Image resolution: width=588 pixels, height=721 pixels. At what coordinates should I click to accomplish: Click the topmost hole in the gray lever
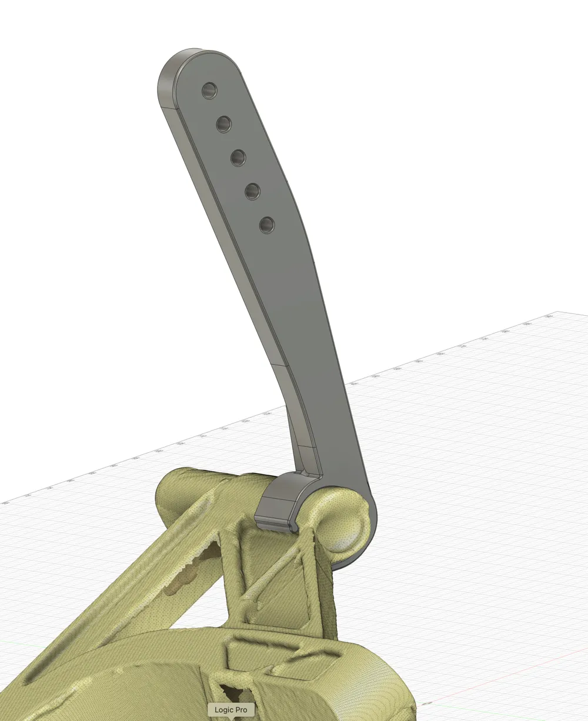pos(209,91)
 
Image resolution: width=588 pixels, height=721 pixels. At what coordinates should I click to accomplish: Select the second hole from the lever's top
pos(223,124)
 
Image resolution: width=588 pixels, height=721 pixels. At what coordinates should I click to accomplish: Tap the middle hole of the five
pos(238,157)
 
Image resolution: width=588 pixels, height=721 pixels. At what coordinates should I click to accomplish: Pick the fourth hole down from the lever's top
pos(252,190)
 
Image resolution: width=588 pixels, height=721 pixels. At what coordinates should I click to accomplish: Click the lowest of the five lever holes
pos(267,224)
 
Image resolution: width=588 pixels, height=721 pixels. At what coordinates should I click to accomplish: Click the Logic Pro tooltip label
pos(231,710)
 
